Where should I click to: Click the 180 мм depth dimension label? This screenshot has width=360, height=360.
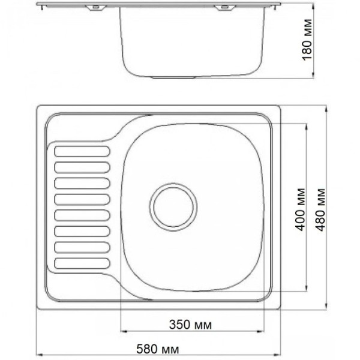pos(307,40)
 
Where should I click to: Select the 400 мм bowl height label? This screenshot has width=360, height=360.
pos(300,209)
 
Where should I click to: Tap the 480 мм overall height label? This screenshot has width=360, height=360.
pos(320,209)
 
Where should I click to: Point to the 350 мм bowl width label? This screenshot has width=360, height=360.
pos(190,325)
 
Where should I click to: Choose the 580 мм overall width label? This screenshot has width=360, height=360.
pos(157,349)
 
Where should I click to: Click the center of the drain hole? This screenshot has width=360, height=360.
pos(173,207)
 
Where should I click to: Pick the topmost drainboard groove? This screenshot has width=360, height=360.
pos(82,151)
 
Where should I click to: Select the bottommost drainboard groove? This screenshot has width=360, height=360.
pos(82,263)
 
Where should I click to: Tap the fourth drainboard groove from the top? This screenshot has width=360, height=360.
pos(82,199)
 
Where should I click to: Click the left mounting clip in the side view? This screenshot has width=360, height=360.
pos(96,7)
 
